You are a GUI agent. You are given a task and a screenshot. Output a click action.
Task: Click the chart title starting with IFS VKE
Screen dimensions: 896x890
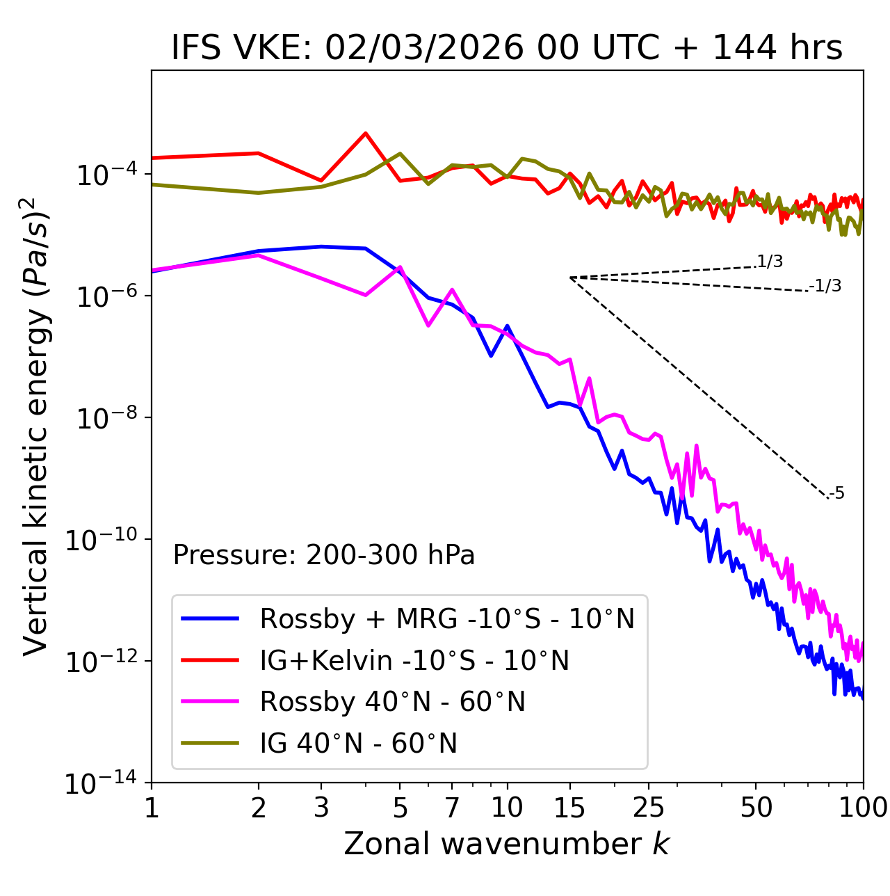pos(507,48)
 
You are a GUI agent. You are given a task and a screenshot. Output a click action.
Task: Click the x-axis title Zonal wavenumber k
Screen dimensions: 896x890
pos(506,844)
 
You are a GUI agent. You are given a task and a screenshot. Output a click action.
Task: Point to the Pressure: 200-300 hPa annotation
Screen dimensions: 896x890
pos(323,555)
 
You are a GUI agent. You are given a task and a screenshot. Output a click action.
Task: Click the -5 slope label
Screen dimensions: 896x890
pos(836,494)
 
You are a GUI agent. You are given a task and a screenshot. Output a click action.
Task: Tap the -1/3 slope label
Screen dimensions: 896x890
pos(825,286)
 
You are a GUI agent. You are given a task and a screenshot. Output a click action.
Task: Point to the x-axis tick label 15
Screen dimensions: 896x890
pos(569,808)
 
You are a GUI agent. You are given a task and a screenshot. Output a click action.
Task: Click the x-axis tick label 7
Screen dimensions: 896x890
pos(452,808)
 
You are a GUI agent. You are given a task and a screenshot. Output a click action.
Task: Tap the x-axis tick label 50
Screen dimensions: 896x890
pos(756,808)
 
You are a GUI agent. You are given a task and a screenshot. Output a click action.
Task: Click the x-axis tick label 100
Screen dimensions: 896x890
pos(863,808)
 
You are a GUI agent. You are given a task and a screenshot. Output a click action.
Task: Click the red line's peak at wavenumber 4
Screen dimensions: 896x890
pos(366,133)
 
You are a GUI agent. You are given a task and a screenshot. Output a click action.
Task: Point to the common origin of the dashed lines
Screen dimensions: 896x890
pos(570,278)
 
